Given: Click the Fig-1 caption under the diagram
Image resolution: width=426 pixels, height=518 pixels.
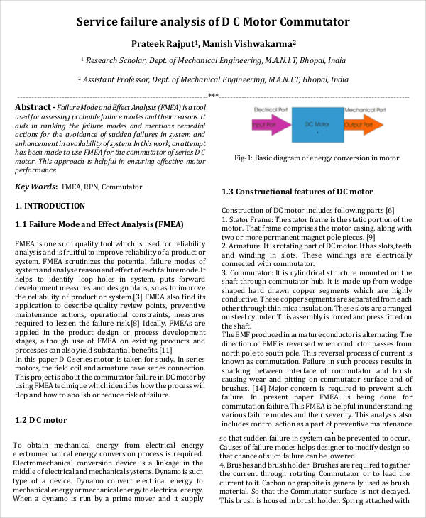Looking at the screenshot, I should (318, 158).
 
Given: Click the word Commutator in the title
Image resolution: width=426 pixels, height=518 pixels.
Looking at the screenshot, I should (308, 22).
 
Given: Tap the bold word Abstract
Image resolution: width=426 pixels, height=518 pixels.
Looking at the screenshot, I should (33, 106).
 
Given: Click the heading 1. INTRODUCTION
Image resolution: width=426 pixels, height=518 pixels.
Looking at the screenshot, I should (50, 206).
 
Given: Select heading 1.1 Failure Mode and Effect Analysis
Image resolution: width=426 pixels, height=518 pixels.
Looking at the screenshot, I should (99, 224).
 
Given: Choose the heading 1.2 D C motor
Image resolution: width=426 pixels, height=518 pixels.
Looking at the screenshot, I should (41, 420).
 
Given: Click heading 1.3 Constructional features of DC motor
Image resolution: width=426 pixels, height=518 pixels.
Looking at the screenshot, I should (298, 192).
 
